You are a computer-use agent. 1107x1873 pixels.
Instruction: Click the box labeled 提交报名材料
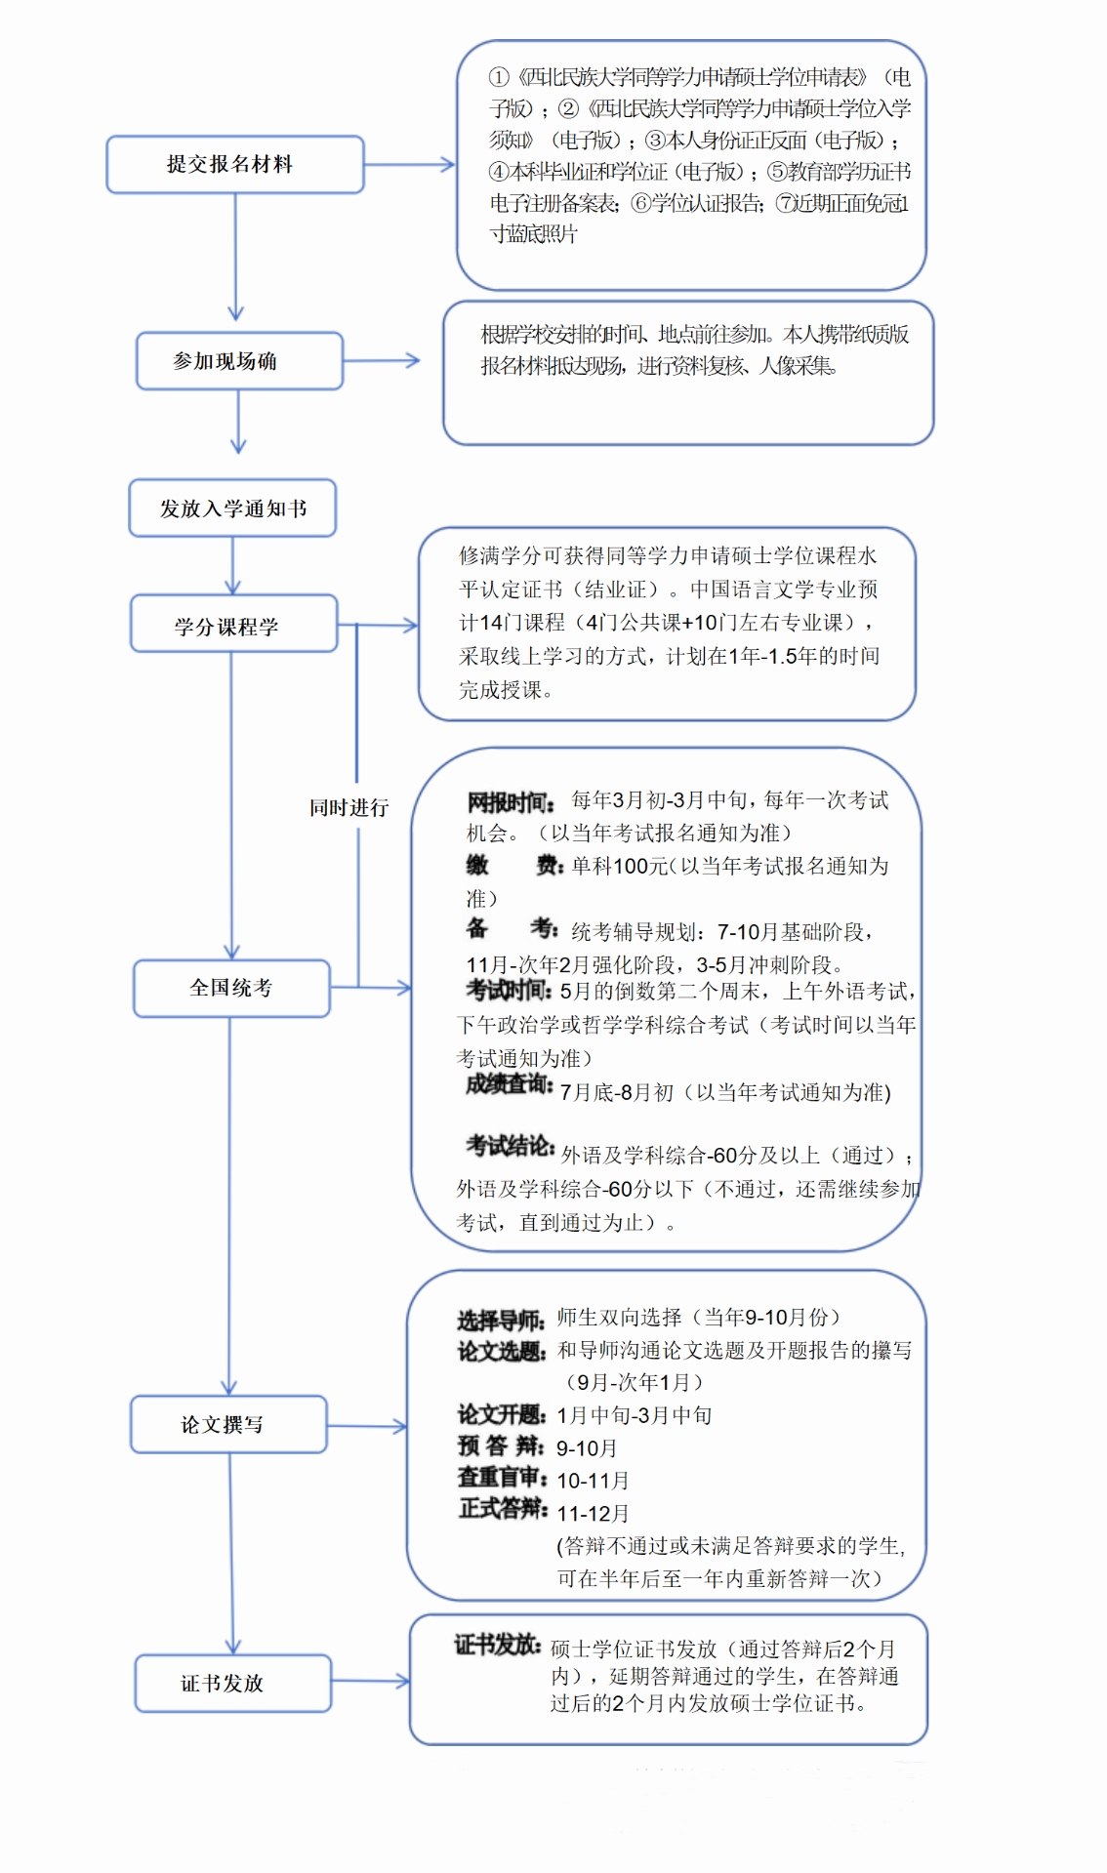pos(234,164)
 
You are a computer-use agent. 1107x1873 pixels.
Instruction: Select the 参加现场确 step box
pos(239,361)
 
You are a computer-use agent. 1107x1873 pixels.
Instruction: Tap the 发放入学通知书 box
pos(232,508)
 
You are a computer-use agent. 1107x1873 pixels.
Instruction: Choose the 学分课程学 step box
pos(233,625)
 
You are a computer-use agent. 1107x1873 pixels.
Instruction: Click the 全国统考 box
pos(231,988)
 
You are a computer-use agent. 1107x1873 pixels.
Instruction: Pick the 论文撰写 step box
pos(228,1424)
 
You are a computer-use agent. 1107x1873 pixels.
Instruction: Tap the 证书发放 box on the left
pos(232,1683)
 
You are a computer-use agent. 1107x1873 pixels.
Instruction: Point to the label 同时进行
pos(348,807)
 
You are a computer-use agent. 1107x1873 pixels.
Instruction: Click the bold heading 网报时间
pos(511,802)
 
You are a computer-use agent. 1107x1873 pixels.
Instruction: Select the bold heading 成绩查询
pos(509,1084)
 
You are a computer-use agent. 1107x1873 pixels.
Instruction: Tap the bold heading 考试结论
pos(510,1146)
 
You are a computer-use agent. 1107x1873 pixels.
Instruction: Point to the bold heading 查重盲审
pos(502,1478)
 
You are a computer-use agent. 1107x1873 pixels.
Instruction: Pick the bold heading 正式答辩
pos(503,1510)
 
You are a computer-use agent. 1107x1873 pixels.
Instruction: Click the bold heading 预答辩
pos(500,1445)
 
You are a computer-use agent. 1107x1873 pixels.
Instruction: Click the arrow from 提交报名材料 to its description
pos(410,165)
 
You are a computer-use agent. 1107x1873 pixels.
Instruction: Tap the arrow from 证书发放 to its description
pos(370,1681)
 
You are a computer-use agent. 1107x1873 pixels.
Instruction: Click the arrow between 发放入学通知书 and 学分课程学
pos(232,566)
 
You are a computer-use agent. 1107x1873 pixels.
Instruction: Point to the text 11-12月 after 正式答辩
pos(593,1514)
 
